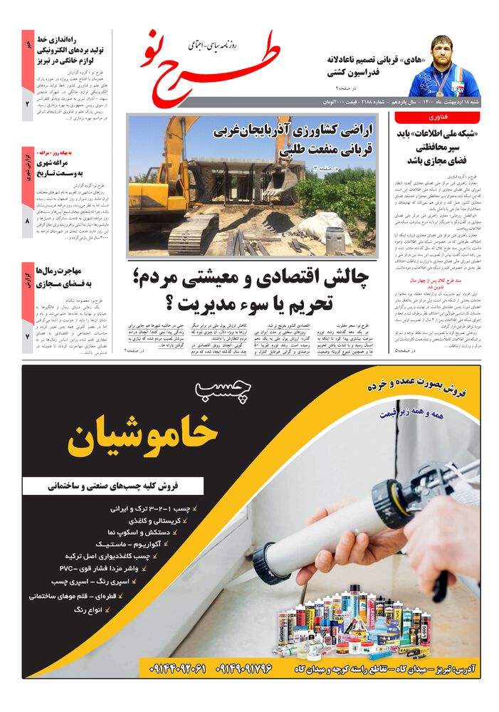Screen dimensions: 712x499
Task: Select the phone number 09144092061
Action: pyautogui.click(x=178, y=669)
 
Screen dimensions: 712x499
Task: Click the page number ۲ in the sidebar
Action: pyautogui.click(x=27, y=105)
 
